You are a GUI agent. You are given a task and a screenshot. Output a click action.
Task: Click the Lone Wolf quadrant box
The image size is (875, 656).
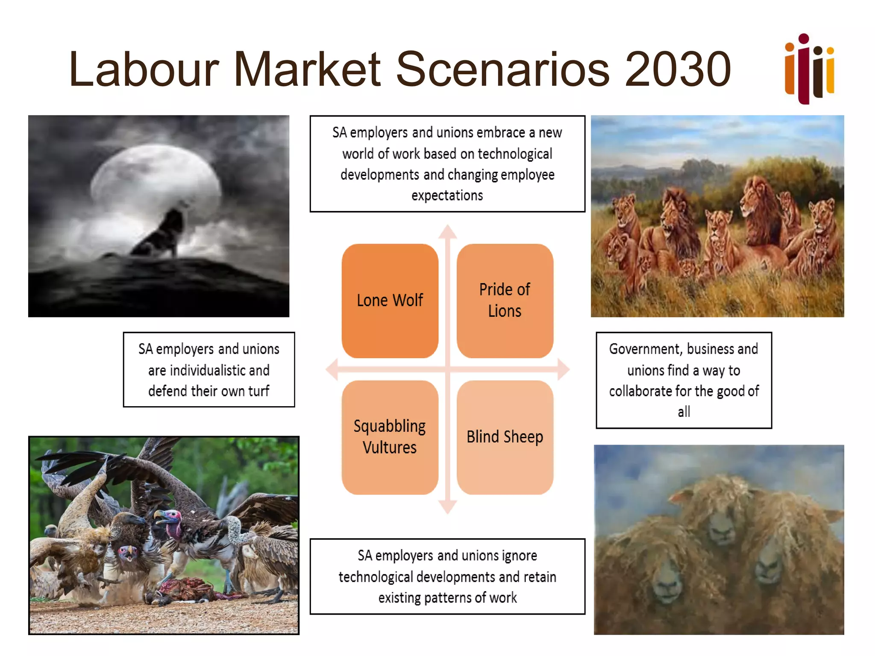(390, 301)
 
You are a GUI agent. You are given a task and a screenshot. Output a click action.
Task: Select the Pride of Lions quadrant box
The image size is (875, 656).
(505, 301)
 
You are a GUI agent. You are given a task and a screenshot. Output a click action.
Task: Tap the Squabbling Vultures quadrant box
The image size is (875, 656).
(390, 437)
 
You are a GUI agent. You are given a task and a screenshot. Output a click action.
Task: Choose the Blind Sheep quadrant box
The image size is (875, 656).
(505, 437)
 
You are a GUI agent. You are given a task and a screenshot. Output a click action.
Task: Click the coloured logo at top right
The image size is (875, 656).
(809, 69)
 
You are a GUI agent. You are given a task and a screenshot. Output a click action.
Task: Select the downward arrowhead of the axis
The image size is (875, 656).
(448, 507)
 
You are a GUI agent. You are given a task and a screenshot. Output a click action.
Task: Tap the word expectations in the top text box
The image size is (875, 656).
(447, 196)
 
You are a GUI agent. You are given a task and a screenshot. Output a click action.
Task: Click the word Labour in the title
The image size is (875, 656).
(144, 70)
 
